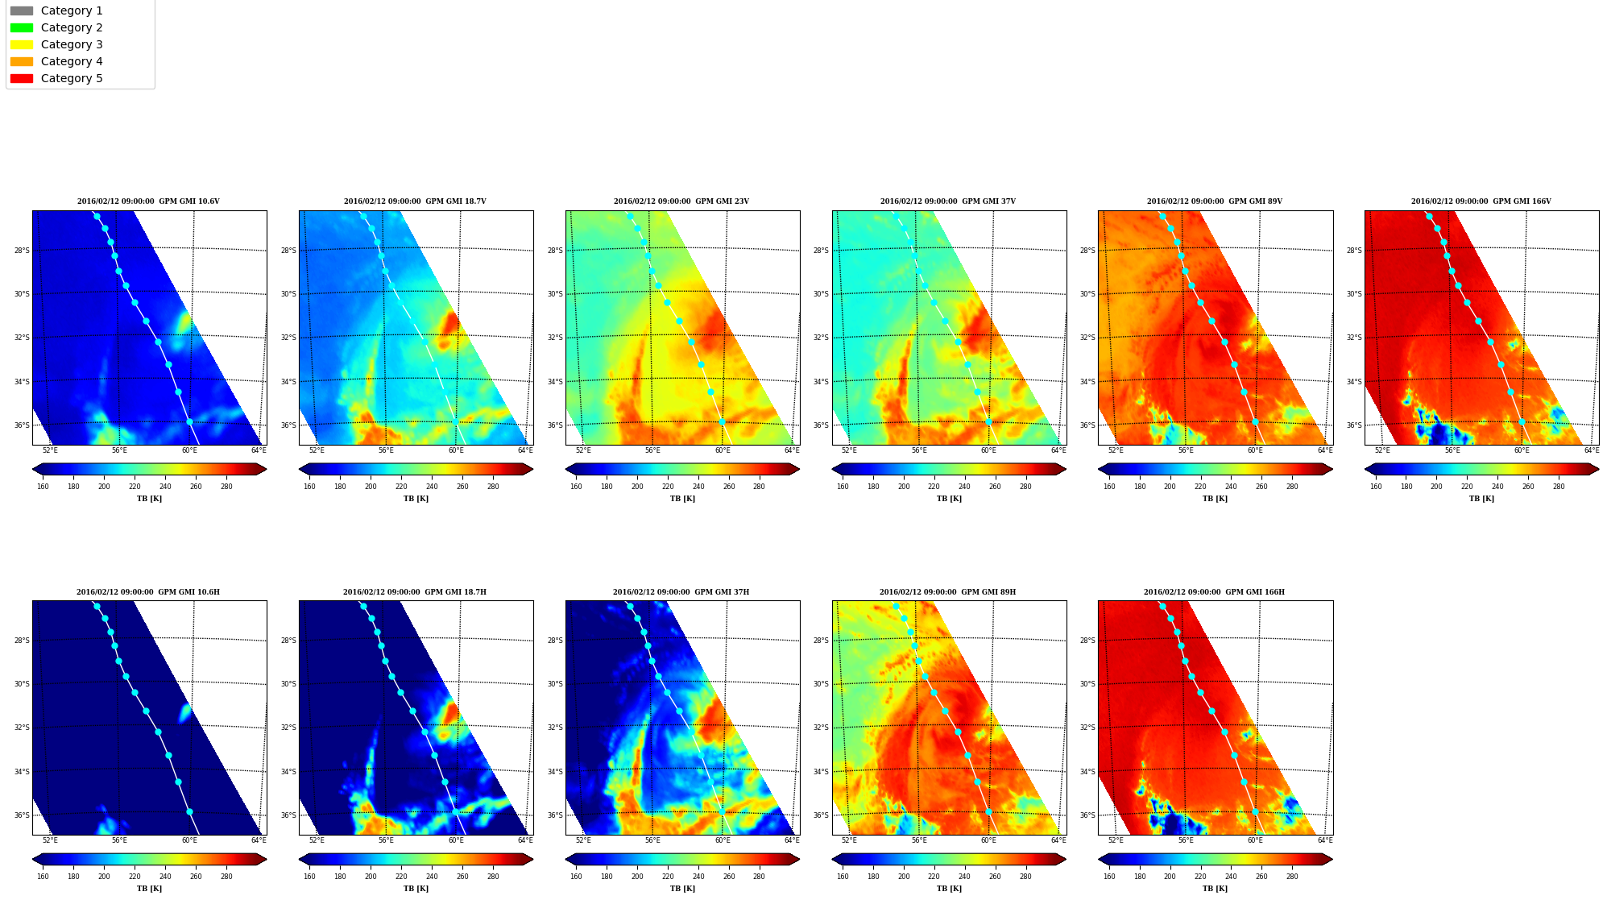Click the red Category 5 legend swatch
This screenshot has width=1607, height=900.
pyautogui.click(x=22, y=78)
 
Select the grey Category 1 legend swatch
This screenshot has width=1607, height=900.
pyautogui.click(x=22, y=10)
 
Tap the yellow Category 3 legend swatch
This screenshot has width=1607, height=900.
pyautogui.click(x=22, y=44)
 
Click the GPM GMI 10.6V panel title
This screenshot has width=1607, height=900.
pyautogui.click(x=148, y=201)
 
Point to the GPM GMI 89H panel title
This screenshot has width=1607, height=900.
pyautogui.click(x=947, y=592)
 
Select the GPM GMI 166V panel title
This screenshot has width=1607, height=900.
pyautogui.click(x=1481, y=201)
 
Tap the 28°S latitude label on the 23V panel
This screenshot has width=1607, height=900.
pyautogui.click(x=555, y=251)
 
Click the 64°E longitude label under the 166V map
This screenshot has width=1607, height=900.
pyautogui.click(x=1591, y=450)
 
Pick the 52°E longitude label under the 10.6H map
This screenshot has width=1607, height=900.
pyautogui.click(x=50, y=840)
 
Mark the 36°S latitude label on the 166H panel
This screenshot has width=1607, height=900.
pyautogui.click(x=1087, y=815)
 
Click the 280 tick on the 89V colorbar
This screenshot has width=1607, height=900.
pyautogui.click(x=1292, y=487)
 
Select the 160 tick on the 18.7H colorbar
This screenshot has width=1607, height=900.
pyautogui.click(x=309, y=877)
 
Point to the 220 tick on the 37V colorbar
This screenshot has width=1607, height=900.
pyautogui.click(x=934, y=487)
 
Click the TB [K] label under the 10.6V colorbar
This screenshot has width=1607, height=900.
pyautogui.click(x=149, y=499)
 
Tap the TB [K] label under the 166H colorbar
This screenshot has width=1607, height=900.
pyautogui.click(x=1215, y=889)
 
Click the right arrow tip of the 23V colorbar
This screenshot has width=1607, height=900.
pyautogui.click(x=799, y=469)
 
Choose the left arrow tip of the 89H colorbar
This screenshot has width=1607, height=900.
pyautogui.click(x=833, y=859)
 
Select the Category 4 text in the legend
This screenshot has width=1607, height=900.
pyautogui.click(x=72, y=61)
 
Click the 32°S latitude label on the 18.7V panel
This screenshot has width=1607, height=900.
pyautogui.click(x=288, y=338)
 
